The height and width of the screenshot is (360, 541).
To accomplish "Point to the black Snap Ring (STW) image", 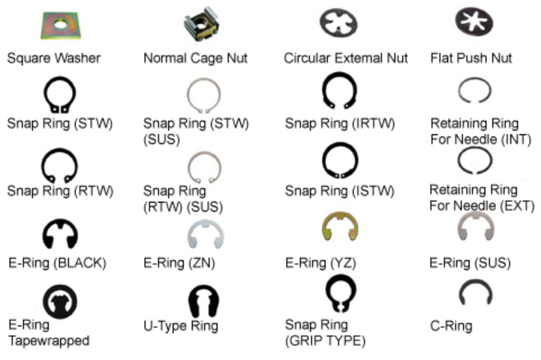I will (60, 96).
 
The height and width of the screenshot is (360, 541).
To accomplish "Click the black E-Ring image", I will (60, 234).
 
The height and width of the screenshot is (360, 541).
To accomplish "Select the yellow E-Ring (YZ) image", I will (339, 228).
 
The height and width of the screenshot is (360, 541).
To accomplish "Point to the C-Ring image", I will (475, 294).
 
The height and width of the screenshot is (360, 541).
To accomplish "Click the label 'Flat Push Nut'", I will (471, 58).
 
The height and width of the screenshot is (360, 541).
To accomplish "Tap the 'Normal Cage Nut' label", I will (195, 58).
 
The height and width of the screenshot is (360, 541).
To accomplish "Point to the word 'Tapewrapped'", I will (49, 340).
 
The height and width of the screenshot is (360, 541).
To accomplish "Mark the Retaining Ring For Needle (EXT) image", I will (474, 161).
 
